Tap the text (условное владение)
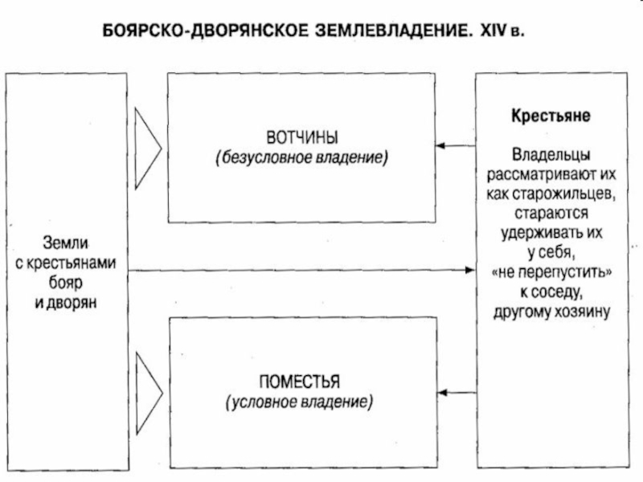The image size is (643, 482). pos(300,401)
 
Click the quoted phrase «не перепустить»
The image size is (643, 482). pos(551,272)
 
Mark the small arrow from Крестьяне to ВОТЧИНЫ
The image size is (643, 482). pos(455,145)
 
